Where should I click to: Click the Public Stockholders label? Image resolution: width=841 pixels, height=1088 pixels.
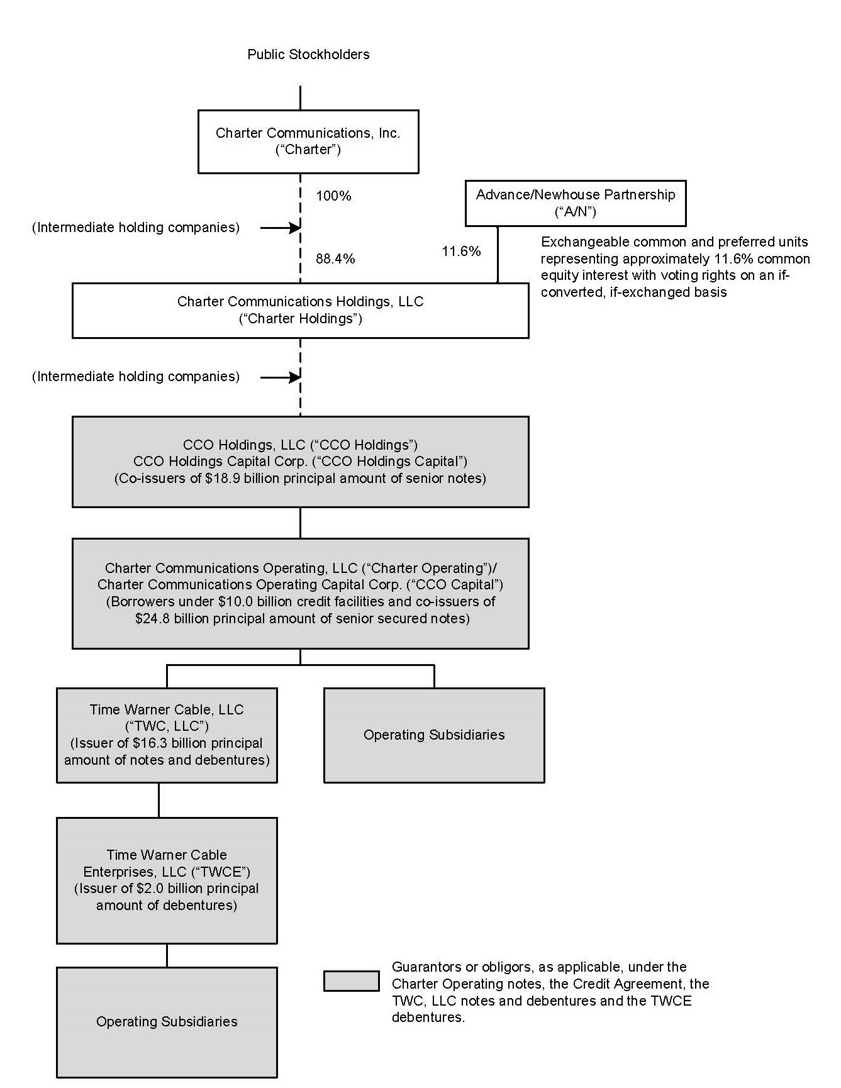[x=308, y=55]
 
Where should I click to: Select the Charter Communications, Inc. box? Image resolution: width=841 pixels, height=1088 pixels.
[x=308, y=142]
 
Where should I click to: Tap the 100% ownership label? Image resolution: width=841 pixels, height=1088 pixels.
[x=333, y=196]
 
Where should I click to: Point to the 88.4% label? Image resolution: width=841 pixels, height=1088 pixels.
[x=335, y=259]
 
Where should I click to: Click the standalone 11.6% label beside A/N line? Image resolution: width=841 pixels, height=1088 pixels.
[x=461, y=252]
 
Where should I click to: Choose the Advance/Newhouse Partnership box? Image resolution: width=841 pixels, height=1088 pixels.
[x=575, y=203]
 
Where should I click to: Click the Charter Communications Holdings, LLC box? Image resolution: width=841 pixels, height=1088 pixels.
[x=300, y=310]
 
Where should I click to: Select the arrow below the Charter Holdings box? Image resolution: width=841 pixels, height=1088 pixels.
[x=281, y=377]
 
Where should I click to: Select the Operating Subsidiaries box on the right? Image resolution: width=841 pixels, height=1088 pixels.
[x=434, y=735]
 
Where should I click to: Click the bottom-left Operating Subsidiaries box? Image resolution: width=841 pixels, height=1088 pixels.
[x=167, y=1022]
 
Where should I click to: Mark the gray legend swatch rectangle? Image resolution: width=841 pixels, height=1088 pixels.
[x=351, y=981]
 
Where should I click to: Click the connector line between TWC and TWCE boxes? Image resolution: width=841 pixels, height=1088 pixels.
[x=159, y=800]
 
